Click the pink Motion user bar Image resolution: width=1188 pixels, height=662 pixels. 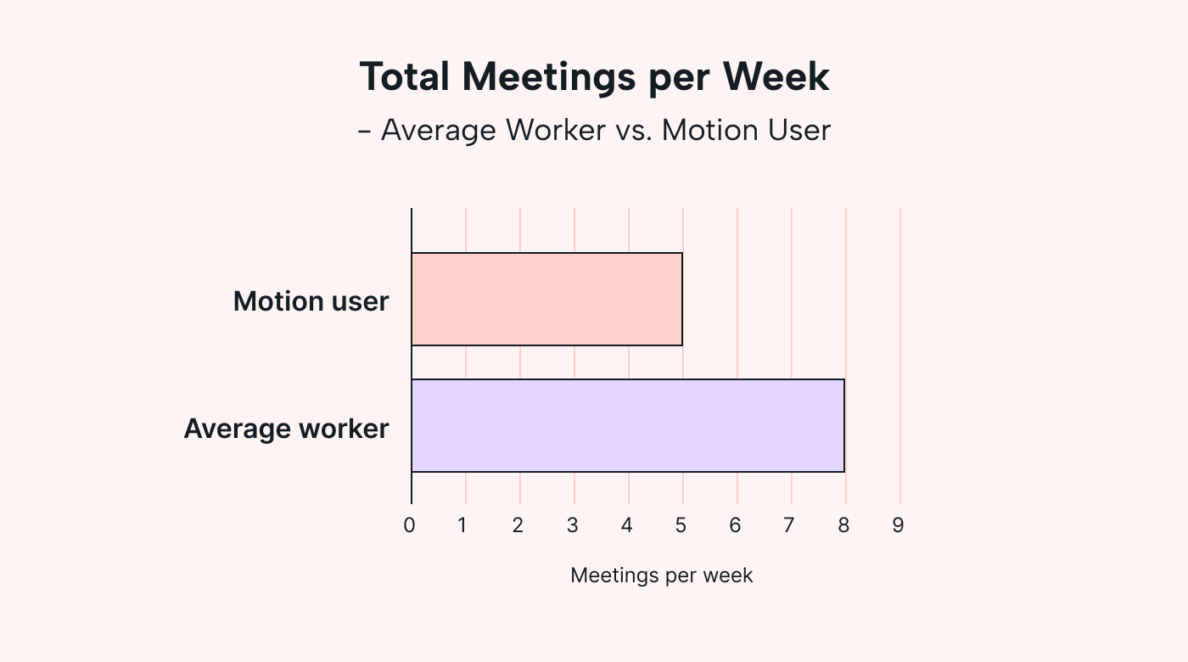546,299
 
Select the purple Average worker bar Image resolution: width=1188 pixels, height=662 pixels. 628,425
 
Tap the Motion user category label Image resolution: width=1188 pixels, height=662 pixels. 311,301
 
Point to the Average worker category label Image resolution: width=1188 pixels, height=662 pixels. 286,429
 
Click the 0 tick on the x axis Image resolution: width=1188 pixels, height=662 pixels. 410,525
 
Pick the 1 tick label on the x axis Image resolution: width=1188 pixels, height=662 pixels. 462,525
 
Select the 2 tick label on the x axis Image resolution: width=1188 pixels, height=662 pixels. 518,525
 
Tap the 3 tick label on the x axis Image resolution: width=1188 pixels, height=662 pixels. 573,525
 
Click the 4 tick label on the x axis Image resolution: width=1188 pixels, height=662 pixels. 627,525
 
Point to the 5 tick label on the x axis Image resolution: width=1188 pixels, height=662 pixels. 681,525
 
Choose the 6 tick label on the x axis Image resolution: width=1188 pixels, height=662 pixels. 735,525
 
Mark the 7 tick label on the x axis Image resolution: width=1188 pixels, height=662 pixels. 789,525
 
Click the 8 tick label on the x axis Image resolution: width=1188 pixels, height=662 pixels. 843,525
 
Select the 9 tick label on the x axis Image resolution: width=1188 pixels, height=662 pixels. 898,525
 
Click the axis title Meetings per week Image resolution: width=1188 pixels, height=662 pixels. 661,575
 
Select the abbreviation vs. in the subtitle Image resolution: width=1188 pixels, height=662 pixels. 634,131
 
